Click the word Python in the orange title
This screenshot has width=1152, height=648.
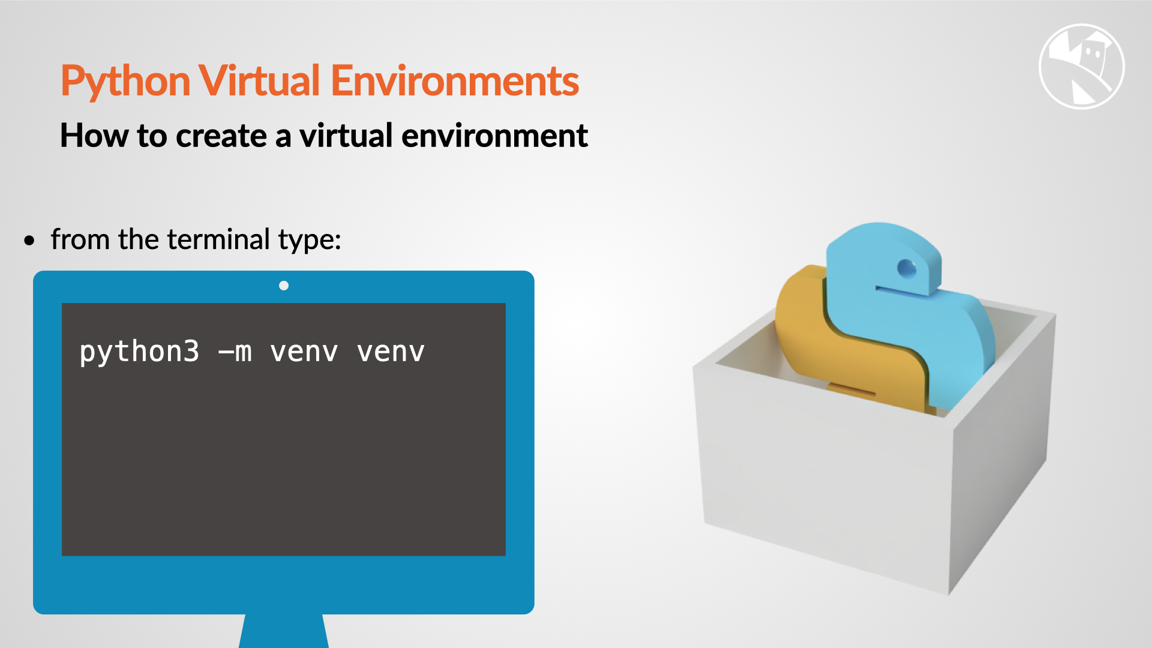(125, 81)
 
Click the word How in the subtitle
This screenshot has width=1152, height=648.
(94, 136)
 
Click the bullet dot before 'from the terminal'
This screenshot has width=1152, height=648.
(30, 241)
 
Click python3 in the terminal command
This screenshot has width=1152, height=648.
(139, 352)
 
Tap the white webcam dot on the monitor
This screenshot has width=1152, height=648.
(284, 286)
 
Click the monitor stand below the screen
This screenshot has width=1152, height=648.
(284, 631)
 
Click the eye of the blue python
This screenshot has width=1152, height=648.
(907, 268)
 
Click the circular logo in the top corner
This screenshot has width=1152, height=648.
(1081, 67)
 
